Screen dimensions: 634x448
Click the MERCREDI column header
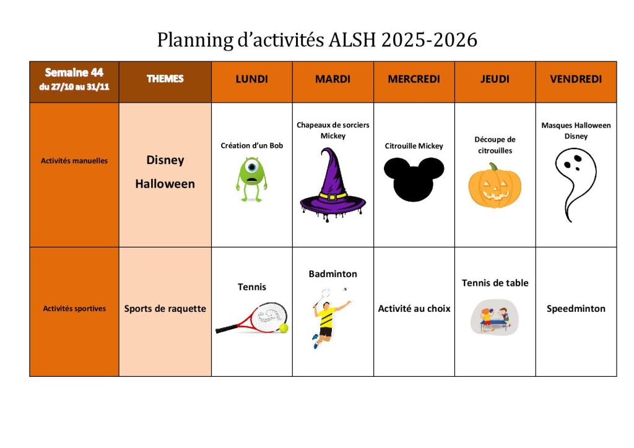[414, 79]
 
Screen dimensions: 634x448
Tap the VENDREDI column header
[576, 79]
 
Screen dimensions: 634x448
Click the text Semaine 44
[74, 72]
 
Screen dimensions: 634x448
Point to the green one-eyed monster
[251, 179]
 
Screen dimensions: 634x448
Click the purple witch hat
[332, 184]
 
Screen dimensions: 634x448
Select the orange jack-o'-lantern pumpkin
[495, 186]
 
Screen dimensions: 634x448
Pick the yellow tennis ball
[284, 327]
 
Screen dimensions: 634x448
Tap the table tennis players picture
[494, 317]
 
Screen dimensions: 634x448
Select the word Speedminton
[576, 309]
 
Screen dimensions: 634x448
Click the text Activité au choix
[414, 309]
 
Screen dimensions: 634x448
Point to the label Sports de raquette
[165, 309]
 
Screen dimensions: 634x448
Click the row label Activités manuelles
[74, 160]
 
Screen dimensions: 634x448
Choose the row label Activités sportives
[74, 308]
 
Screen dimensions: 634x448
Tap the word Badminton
[332, 274]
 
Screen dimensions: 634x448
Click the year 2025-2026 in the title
[429, 40]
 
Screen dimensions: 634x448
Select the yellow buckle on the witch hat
[332, 197]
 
